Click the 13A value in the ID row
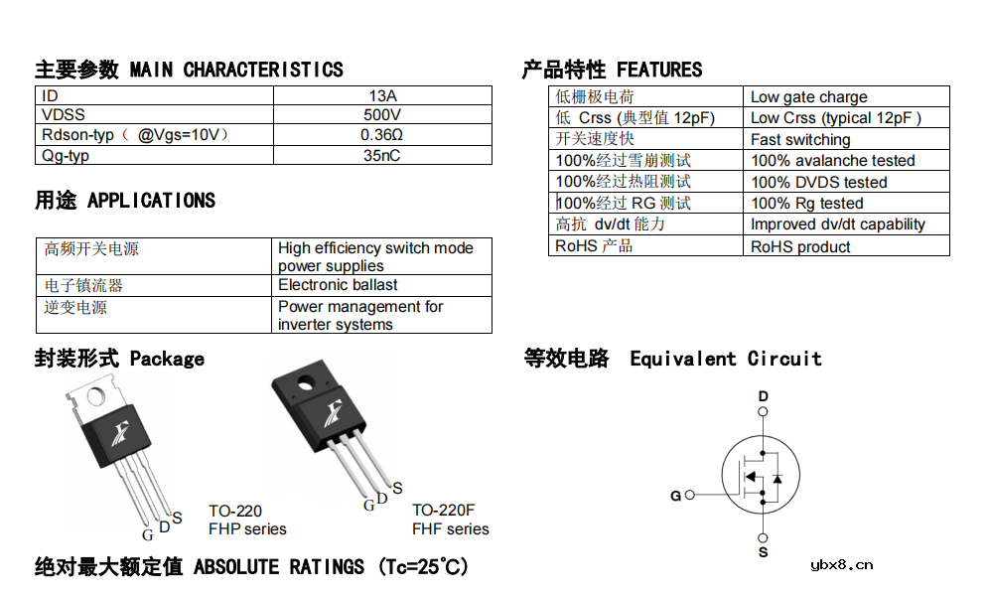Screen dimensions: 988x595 tap(382, 95)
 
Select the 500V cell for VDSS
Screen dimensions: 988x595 tap(382, 114)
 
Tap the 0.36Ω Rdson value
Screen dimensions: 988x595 tap(382, 135)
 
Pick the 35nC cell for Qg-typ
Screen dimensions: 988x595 tap(382, 156)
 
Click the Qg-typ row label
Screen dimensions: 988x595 tap(66, 156)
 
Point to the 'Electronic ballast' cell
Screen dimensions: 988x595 tap(338, 285)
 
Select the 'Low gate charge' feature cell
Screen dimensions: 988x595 tap(809, 97)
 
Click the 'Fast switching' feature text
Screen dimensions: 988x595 tap(800, 139)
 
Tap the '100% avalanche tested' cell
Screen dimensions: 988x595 tap(832, 161)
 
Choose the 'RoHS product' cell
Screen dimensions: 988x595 tap(800, 246)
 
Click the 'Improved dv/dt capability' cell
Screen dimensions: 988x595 tap(838, 224)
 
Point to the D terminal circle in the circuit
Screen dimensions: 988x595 tap(763, 411)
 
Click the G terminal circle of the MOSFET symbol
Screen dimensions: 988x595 tap(689, 495)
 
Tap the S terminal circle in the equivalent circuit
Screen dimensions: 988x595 tap(763, 537)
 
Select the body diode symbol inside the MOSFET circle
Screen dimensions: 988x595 tap(777, 479)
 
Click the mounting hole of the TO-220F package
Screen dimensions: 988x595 tap(306, 382)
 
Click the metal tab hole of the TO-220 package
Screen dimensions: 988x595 tap(96, 396)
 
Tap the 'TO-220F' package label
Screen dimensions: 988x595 tap(444, 510)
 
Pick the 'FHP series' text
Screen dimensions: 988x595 tap(247, 528)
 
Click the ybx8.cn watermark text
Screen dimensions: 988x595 tap(842, 565)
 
